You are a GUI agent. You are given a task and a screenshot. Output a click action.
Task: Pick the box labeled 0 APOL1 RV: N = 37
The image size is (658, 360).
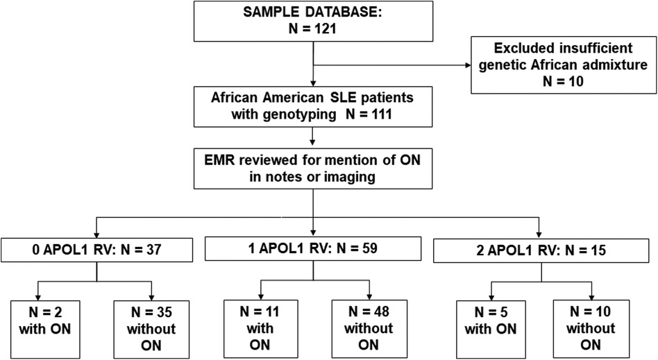coord(96,250)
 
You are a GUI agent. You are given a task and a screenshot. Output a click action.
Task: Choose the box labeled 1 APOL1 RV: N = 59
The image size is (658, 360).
coord(315,248)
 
